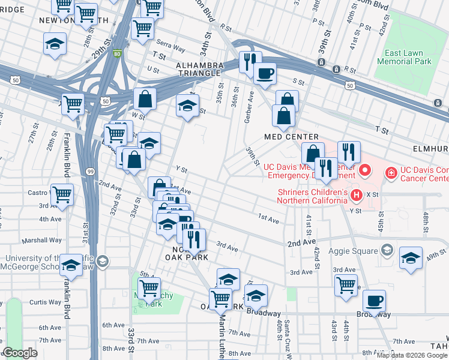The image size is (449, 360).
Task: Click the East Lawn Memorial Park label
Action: click(405, 58)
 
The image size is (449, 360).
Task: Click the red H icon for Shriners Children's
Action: click(356, 194)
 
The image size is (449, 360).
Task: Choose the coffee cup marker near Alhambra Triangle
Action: click(265, 73)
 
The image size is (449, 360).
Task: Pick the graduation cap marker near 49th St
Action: click(411, 258)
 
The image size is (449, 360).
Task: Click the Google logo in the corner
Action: click(20, 353)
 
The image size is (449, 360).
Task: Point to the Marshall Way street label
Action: click(42, 240)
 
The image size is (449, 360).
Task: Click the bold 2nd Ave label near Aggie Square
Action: click(301, 243)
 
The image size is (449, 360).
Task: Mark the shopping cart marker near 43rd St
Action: click(346, 285)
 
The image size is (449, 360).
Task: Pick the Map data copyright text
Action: click(411, 355)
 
